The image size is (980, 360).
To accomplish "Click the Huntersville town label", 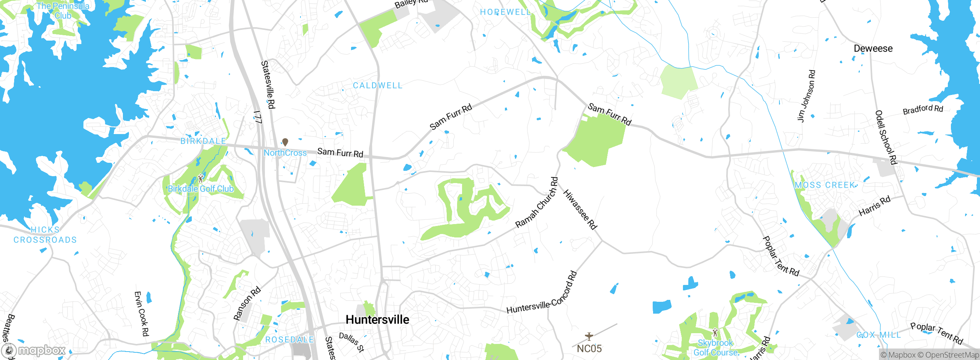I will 377,320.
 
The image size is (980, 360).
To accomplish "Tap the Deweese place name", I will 873,49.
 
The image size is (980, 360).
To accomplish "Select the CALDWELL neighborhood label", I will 377,85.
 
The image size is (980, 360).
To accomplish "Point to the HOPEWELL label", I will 505,12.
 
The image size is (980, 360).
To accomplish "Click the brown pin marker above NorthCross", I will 285,142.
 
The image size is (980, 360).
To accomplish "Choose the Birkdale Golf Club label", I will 201,189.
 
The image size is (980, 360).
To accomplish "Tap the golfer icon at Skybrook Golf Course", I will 715,332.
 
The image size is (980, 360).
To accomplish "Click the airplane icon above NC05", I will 589,336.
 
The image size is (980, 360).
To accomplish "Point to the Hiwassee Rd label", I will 580,210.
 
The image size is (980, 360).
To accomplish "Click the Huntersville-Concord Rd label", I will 542,294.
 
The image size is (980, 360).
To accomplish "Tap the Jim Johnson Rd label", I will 806,96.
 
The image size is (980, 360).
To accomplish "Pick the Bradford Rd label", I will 923,110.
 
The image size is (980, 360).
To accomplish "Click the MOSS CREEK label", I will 825,185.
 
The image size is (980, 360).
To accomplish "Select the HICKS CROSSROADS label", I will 45,235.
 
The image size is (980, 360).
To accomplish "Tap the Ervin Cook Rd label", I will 141,314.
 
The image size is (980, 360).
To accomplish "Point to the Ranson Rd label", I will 247,303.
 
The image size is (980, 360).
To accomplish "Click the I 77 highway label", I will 258,117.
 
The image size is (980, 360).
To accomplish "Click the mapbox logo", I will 34,350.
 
